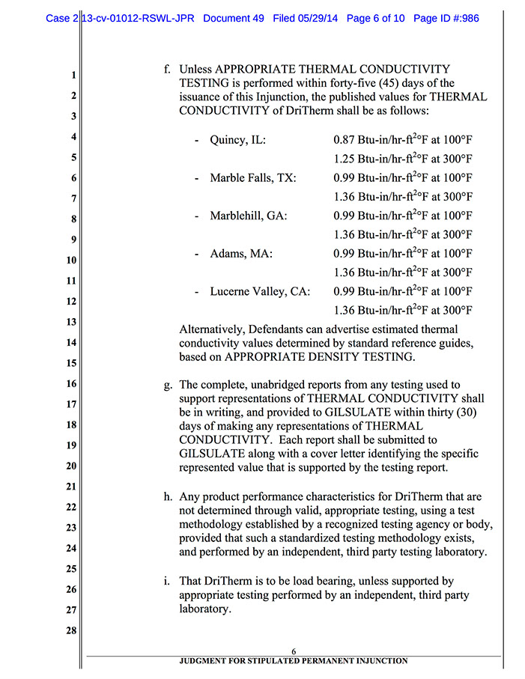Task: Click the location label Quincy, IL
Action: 238,140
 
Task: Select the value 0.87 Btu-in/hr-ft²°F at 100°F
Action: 403,139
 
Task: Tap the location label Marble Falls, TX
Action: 252,178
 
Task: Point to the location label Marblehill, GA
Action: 248,216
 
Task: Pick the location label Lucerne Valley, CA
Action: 259,291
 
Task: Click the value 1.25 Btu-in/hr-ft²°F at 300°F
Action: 403,159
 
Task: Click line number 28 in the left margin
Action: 72,630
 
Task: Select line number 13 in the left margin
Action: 72,322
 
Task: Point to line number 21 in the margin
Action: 72,487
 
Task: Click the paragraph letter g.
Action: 169,386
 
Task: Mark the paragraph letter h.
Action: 169,496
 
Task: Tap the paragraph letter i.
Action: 170,581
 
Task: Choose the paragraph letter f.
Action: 169,70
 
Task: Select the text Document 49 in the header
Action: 233,18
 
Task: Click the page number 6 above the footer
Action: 294,651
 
